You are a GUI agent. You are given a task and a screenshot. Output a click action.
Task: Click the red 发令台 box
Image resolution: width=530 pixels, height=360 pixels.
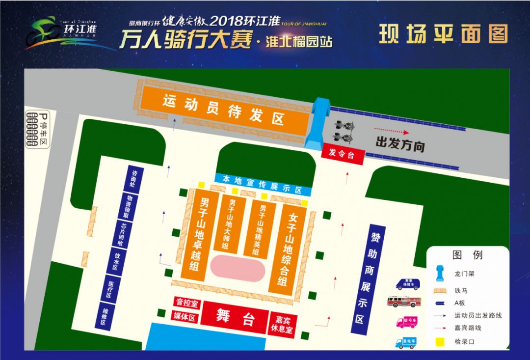[342, 153]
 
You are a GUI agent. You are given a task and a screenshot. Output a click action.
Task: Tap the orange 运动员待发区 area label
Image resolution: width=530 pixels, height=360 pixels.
[223, 110]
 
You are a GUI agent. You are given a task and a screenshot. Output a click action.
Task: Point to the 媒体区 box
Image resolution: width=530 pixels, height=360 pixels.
[185, 318]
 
